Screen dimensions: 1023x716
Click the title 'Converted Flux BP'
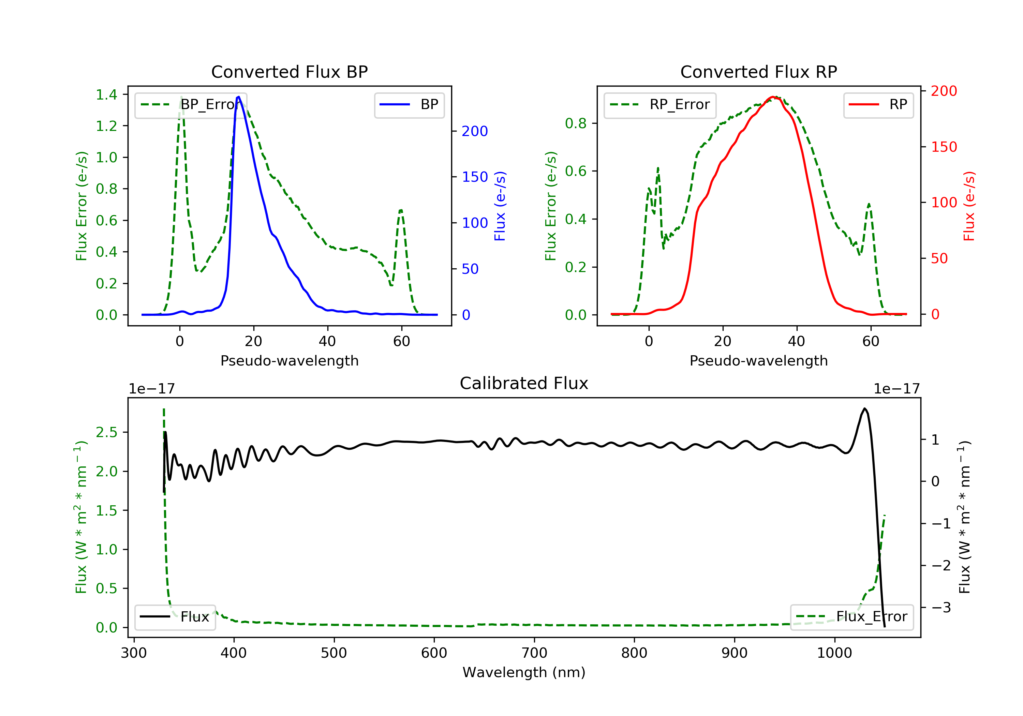[x=290, y=72]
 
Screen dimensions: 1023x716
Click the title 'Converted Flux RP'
[x=759, y=72]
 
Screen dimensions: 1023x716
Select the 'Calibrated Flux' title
[x=524, y=383]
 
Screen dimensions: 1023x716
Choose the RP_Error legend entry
[x=660, y=105]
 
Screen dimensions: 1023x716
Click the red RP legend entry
[x=878, y=105]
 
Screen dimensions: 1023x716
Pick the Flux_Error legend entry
[x=851, y=617]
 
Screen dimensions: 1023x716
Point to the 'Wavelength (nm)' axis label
[x=524, y=672]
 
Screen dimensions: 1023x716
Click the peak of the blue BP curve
[x=239, y=97]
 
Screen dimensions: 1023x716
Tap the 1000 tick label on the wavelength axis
[x=834, y=653]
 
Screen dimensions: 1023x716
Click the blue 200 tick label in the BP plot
[x=475, y=132]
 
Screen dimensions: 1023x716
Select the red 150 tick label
[x=944, y=147]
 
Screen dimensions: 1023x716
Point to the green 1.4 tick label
[x=106, y=94]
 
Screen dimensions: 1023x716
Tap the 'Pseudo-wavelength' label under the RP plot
[x=759, y=360]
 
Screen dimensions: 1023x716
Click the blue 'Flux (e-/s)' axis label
[x=500, y=206]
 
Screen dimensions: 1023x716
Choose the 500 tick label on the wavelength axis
[x=334, y=653]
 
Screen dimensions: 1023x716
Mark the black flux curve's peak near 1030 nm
[x=864, y=408]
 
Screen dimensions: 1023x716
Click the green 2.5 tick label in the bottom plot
[x=106, y=432]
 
